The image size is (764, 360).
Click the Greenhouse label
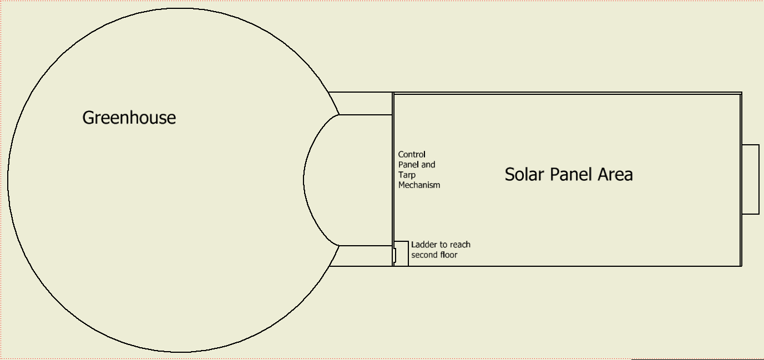pos(129,118)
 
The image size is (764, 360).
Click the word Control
pos(412,154)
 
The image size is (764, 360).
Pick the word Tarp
pos(407,175)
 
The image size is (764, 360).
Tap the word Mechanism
pos(419,185)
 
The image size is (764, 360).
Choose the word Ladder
pos(423,245)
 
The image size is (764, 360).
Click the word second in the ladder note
pos(424,255)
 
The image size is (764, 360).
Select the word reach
pos(460,245)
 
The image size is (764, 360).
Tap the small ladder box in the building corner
pos(401,253)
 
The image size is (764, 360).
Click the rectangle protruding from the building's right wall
pos(750,179)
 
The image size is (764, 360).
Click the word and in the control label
pos(428,164)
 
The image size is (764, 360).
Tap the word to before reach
pos(444,245)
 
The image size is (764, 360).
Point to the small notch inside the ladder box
pos(396,255)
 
